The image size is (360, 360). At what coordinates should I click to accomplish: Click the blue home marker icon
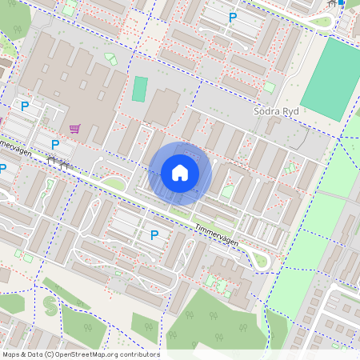coord(180,172)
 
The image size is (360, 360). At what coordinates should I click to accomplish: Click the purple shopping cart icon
coord(75,127)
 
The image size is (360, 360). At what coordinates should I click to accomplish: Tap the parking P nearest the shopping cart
coord(54,145)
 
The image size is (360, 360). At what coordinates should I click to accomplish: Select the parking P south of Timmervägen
coord(154,234)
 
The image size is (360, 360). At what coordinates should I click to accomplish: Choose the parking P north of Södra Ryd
coord(233,17)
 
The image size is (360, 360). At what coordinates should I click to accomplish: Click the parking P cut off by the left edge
coord(2,168)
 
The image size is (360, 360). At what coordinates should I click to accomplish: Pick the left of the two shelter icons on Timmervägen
coord(52,160)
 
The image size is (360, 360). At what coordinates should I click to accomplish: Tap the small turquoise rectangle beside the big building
coord(140,89)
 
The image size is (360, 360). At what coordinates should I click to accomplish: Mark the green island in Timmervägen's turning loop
coord(258,257)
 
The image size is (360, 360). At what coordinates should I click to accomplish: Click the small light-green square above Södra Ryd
coord(270,86)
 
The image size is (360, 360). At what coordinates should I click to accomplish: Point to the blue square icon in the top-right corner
coord(342,2)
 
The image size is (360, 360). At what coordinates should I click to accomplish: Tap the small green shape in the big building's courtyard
coord(110,60)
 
